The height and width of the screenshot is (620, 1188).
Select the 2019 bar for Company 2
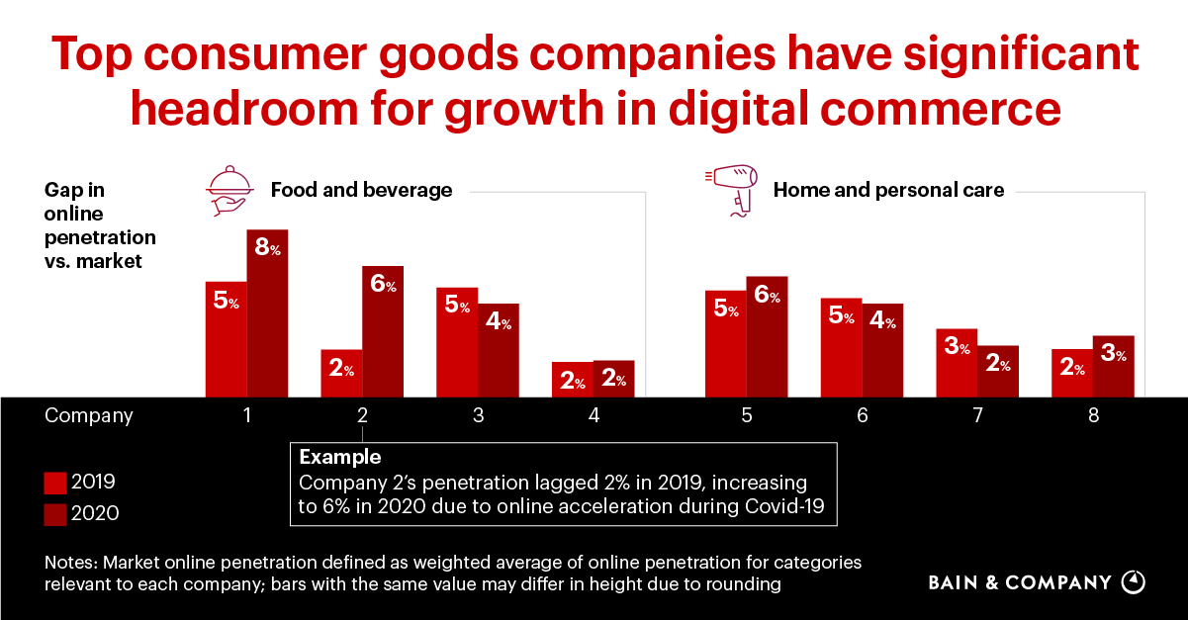point(341,373)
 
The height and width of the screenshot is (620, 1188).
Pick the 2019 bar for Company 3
point(457,342)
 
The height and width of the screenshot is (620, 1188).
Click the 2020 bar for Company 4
point(613,379)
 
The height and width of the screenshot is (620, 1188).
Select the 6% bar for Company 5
point(767,336)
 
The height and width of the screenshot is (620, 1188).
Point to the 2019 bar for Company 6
point(841,347)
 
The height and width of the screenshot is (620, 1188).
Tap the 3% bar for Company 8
point(1114,366)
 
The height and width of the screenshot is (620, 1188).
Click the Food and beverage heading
point(361,190)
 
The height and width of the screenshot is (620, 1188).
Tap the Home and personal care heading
point(888,190)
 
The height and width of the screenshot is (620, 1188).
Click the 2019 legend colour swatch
point(55,483)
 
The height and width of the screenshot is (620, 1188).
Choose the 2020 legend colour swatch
point(55,513)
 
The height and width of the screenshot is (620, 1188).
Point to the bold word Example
point(339,458)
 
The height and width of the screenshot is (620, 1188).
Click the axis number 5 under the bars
point(747,416)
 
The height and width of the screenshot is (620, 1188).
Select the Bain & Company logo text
point(1019,582)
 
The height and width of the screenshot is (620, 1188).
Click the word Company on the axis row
point(89,416)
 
